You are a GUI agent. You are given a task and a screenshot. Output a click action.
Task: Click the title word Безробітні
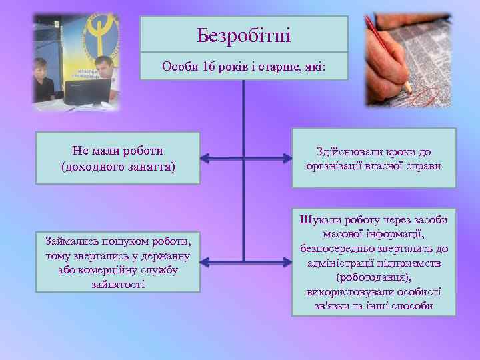tap(244, 34)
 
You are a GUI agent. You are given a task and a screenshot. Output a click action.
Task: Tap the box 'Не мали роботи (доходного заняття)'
tap(117, 158)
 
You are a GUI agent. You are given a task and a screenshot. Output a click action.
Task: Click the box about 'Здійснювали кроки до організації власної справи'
tap(373, 158)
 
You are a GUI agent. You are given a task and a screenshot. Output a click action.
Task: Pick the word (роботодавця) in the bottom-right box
tap(373, 277)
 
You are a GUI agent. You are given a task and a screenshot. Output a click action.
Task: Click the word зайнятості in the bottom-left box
tap(117, 285)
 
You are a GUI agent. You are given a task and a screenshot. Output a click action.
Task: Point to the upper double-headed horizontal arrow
tap(244, 158)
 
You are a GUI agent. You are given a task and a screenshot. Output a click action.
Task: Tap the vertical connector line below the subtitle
tap(244, 120)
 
